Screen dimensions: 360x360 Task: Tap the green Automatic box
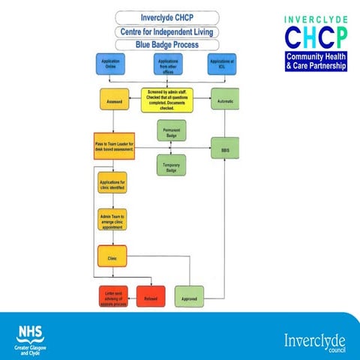[x=224, y=100]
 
